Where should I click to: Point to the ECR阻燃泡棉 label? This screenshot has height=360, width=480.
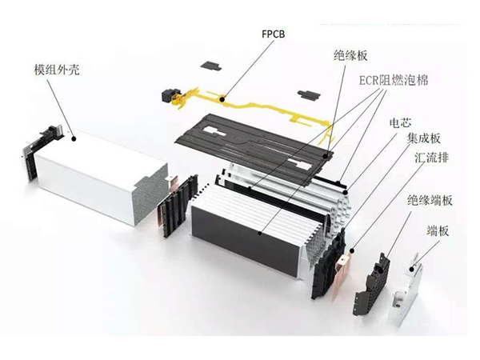(393, 82)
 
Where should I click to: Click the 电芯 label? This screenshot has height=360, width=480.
(400, 124)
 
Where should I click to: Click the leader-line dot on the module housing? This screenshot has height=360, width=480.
(74, 138)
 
